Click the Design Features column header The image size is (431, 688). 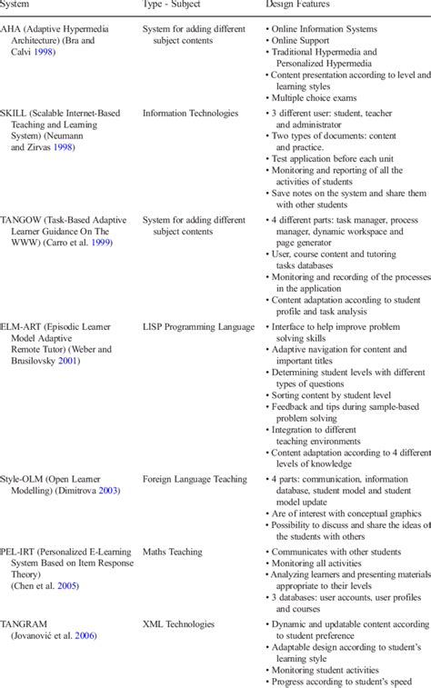pyautogui.click(x=300, y=5)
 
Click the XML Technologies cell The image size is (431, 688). pyautogui.click(x=178, y=625)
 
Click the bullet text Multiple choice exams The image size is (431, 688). pyautogui.click(x=318, y=96)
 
